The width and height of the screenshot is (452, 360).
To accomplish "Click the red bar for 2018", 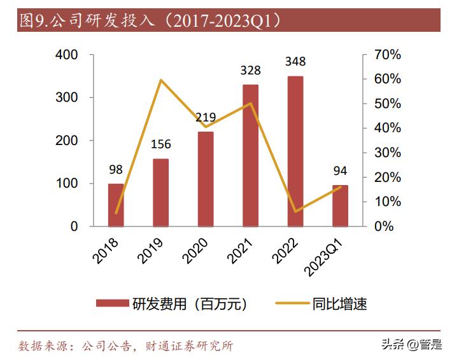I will [x=116, y=205].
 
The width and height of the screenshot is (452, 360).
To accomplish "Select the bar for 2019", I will [x=161, y=192].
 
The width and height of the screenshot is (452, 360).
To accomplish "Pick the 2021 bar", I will [x=251, y=155].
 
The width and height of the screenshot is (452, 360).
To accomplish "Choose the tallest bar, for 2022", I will [x=295, y=151].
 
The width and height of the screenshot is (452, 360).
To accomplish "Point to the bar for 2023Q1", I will [x=341, y=205].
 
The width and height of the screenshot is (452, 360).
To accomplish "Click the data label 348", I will [x=295, y=62].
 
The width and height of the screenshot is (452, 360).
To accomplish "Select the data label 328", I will [x=251, y=70].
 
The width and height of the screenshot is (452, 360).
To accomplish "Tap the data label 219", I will [x=206, y=117].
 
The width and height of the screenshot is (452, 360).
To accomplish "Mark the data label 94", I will [x=341, y=170].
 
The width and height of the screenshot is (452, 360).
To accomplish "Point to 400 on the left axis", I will [x=67, y=55].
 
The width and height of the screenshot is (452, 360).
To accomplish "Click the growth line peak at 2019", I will [x=161, y=80].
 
